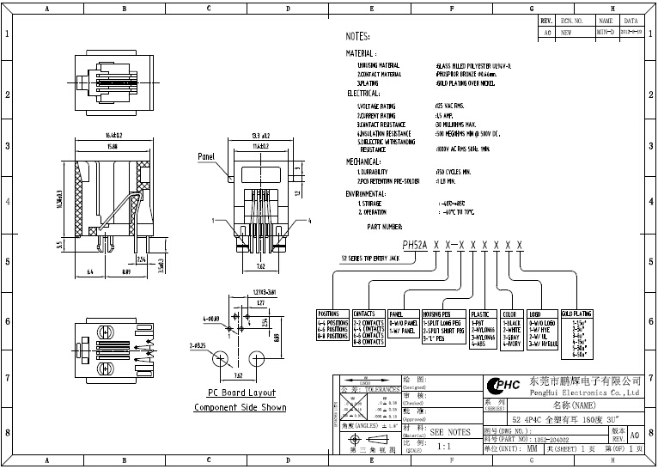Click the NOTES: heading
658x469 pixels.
[x=357, y=38]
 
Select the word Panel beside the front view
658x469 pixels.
[x=206, y=157]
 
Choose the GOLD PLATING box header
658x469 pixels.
[x=576, y=314]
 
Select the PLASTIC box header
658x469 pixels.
[x=479, y=315]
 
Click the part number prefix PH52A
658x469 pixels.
[x=416, y=245]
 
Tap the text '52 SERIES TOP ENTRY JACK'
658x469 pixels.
[x=371, y=258]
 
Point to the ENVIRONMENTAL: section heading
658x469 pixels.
[x=368, y=194]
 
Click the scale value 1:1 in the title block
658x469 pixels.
[x=445, y=448]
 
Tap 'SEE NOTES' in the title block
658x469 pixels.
[x=449, y=432]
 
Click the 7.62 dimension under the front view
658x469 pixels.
[x=261, y=267]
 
